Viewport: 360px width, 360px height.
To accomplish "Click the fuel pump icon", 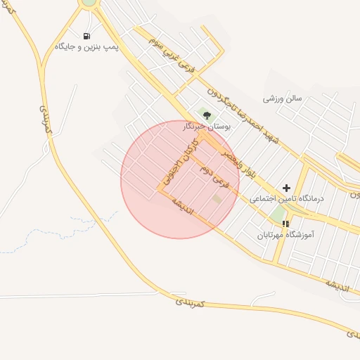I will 86,36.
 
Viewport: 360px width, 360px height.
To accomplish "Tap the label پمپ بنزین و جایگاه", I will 87,47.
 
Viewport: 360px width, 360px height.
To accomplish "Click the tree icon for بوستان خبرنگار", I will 205,115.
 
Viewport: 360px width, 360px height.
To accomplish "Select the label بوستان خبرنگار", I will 207,127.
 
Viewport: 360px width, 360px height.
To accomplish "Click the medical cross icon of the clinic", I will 286,188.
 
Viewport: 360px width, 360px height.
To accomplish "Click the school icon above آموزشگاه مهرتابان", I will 285,223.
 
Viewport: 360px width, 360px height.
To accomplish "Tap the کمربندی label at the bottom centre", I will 190,302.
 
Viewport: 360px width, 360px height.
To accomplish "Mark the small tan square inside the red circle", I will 217,199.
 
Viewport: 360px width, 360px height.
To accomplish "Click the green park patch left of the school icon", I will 278,213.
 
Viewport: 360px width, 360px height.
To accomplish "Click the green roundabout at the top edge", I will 89,2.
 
